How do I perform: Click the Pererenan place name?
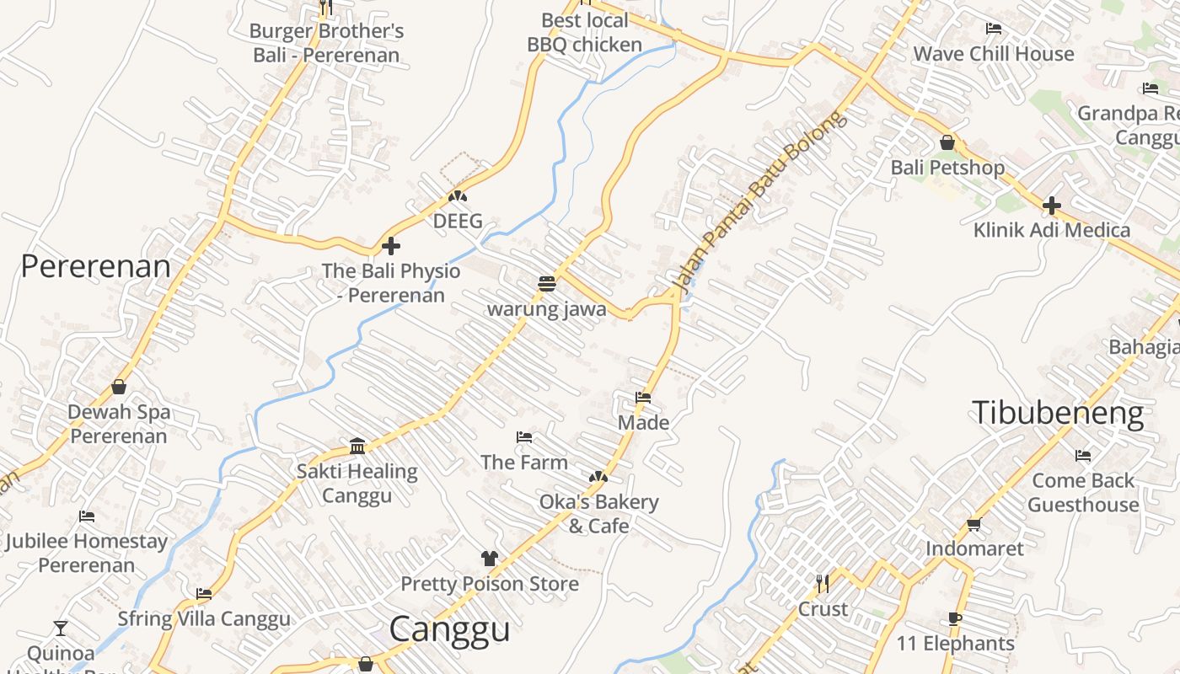95,266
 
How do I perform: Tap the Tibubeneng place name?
1058,413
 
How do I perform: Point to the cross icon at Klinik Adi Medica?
1051,205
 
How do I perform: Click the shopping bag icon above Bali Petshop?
947,142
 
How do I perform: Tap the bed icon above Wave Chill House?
994,29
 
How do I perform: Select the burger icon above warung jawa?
546,284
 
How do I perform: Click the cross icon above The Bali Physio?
391,246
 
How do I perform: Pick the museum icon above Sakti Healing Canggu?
357,446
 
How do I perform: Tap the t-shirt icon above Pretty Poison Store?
489,558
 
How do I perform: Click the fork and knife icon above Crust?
823,583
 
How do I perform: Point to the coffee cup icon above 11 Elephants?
955,618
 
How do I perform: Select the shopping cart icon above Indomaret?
974,524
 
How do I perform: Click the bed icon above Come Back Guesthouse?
1083,456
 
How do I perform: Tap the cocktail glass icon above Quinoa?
61,628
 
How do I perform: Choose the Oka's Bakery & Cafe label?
599,514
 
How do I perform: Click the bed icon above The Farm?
524,437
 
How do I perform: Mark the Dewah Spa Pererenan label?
119,424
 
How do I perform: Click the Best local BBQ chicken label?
585,32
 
